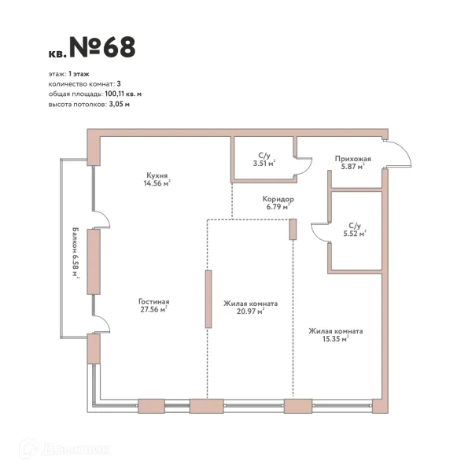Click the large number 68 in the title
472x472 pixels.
pyautogui.click(x=120, y=47)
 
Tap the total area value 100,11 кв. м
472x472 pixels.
pyautogui.click(x=124, y=94)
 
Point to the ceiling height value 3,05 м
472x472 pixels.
pyautogui.click(x=120, y=105)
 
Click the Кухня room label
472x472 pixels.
pyautogui.click(x=157, y=175)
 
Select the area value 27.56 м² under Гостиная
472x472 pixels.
pyautogui.click(x=154, y=309)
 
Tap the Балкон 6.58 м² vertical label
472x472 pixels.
pyautogui.click(x=76, y=253)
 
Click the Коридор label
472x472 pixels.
pyautogui.click(x=278, y=199)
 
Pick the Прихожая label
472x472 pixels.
pyautogui.click(x=352, y=159)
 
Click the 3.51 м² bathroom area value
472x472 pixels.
pyautogui.click(x=264, y=164)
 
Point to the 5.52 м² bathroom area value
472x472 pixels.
pyautogui.click(x=355, y=234)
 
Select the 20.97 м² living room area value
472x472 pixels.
pyautogui.click(x=250, y=312)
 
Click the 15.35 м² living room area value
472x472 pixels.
pyautogui.click(x=336, y=339)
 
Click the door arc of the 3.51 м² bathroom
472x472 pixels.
pyautogui.click(x=308, y=167)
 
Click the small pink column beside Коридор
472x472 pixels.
pyautogui.click(x=293, y=230)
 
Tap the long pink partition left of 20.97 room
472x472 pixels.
pyautogui.click(x=208, y=299)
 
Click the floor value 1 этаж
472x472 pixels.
pyautogui.click(x=79, y=74)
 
